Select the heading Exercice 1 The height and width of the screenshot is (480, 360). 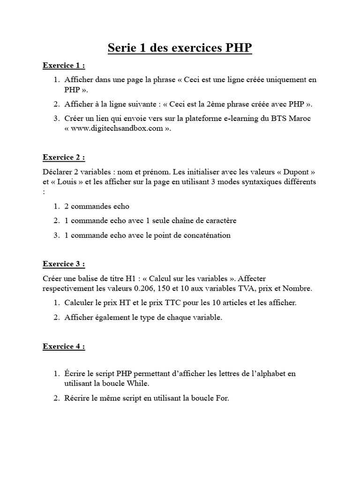[x=64, y=65]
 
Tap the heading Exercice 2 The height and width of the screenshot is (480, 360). [x=64, y=157]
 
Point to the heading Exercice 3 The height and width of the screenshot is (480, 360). [x=64, y=264]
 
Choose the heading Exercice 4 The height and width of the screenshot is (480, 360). [x=64, y=346]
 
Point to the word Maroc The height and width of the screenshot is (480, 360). [x=300, y=119]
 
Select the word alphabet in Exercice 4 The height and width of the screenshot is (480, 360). [x=270, y=374]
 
